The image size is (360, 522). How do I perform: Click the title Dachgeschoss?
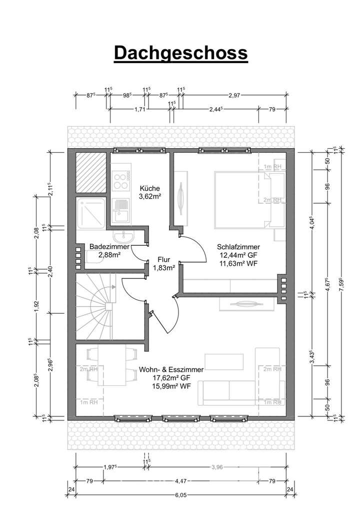[x=180, y=53]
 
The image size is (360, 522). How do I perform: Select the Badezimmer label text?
[x=109, y=247]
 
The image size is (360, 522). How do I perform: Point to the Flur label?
[x=163, y=260]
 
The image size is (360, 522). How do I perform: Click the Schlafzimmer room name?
[x=237, y=247]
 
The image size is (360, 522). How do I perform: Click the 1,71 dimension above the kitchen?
[x=140, y=108]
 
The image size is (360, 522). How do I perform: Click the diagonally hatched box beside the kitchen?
[x=91, y=173]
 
